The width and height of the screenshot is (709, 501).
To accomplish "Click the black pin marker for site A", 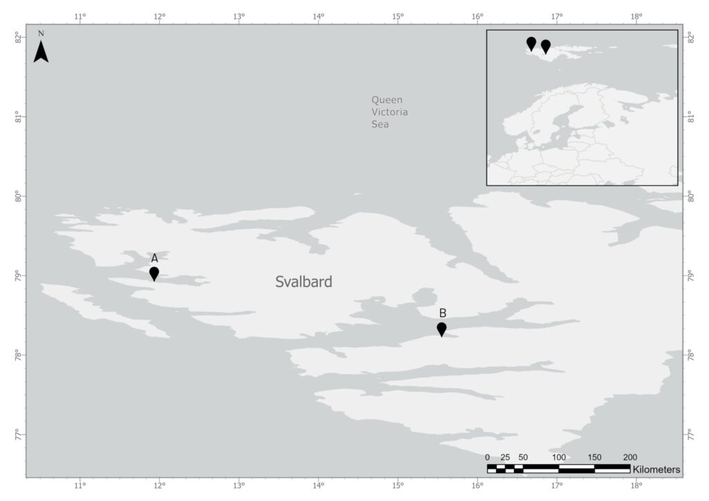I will coord(154,273).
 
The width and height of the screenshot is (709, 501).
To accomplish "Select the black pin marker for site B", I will coord(441,329).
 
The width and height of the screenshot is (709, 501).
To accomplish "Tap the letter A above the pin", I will coord(154,258).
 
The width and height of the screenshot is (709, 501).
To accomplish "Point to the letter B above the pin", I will coord(442,313).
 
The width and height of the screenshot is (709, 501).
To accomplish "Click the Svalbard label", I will coord(303,282).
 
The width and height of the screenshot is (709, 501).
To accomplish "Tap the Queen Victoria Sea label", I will coord(389,112).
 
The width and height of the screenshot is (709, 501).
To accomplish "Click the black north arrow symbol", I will coord(41,52).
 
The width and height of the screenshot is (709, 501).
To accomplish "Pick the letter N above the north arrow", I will coord(41,33).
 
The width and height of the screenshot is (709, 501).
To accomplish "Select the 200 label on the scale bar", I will coord(630,457).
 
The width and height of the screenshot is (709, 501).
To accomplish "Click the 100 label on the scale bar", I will coord(559,457).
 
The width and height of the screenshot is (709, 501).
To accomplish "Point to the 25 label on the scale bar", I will coord(505,457).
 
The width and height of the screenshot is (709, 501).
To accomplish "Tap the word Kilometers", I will coord(656,470).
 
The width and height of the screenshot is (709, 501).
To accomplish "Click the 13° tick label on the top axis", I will coord(240,17).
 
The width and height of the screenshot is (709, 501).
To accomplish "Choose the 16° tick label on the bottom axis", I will coord(477,486).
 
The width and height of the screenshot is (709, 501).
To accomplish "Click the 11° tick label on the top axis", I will coord(80,17).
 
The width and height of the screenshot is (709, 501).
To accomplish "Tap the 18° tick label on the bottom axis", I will coord(636,486).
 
